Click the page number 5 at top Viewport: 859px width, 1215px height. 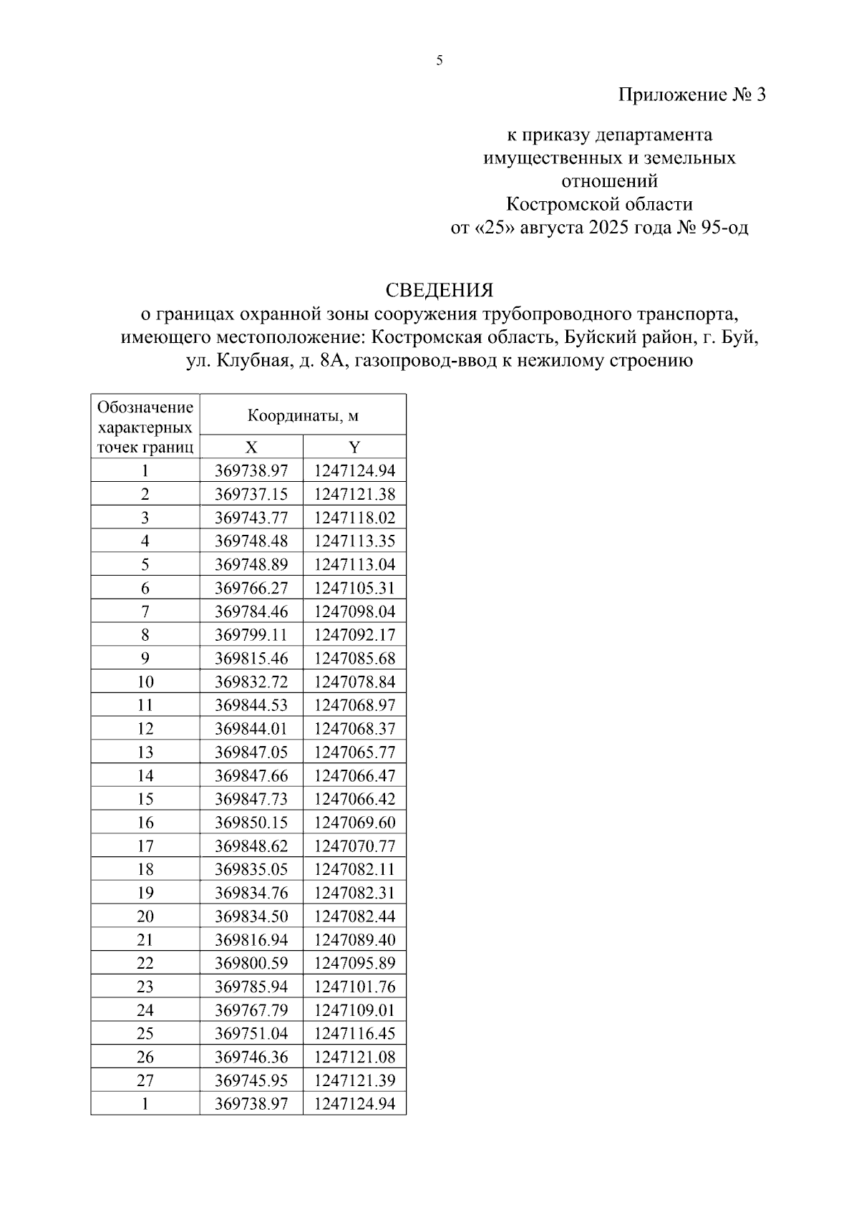[440, 61]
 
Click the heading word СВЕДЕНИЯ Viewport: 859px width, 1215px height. [440, 290]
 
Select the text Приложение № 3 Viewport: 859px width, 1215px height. [691, 95]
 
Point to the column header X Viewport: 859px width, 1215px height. [251, 447]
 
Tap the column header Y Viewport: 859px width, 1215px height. [354, 447]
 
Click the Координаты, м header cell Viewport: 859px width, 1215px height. [303, 415]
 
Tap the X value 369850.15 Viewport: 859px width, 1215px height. [251, 823]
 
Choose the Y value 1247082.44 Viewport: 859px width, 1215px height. [354, 916]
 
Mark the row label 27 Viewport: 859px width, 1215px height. [145, 1080]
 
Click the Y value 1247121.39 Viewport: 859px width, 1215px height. [354, 1080]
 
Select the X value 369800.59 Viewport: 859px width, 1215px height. [251, 963]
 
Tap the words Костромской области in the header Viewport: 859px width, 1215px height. [599, 205]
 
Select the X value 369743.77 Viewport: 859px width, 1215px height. [251, 518]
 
